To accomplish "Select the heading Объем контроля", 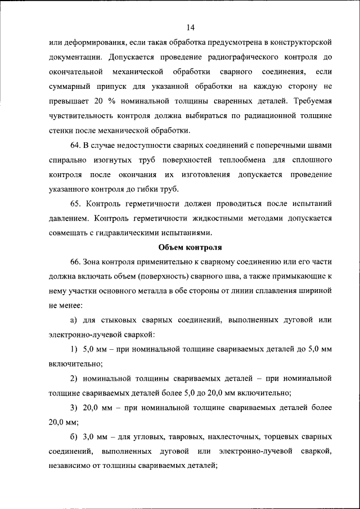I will (190, 246).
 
